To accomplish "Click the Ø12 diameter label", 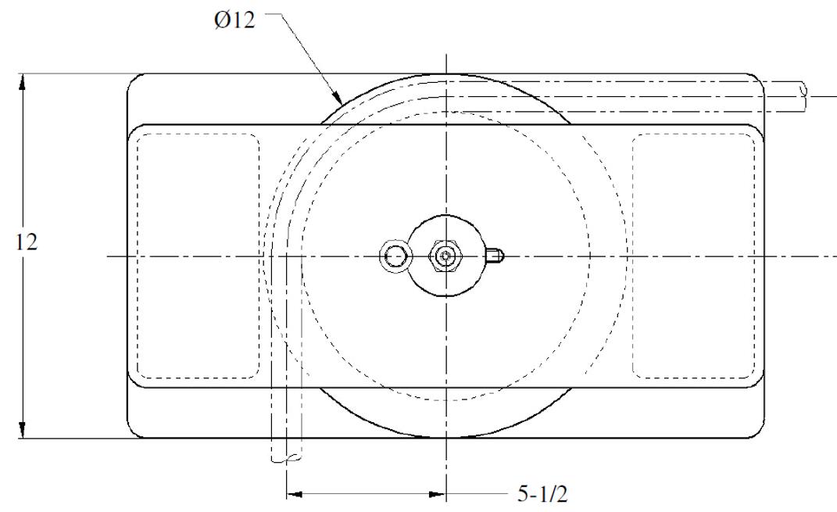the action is [x=235, y=20].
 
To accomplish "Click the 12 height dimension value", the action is [x=26, y=242].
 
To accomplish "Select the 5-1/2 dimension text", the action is [x=542, y=493].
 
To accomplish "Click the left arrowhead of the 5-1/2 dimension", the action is [x=295, y=494].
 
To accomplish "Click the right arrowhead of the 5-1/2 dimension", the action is [x=437, y=494].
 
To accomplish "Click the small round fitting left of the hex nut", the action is [x=395, y=256].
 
